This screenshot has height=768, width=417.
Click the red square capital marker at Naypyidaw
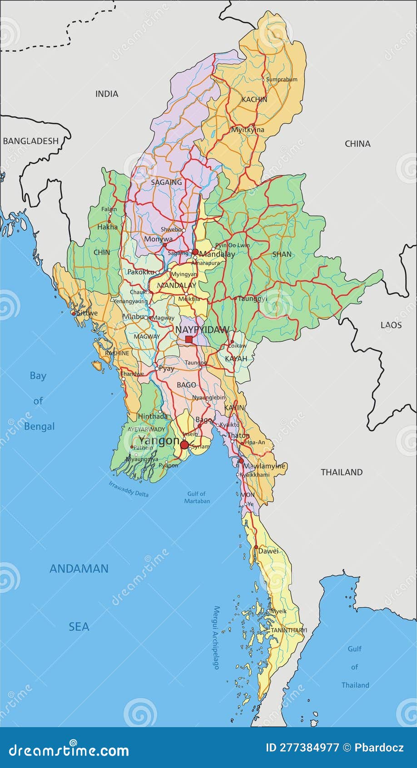(189, 339)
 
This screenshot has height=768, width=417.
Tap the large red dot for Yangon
(184, 445)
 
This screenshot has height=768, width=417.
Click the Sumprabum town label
(282, 80)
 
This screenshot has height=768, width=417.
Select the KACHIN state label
(254, 100)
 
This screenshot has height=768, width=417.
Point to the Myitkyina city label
(248, 130)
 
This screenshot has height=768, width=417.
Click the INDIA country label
(107, 94)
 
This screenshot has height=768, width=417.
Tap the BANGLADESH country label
(31, 141)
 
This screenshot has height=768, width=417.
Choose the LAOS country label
(391, 325)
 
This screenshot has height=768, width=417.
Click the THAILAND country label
(342, 472)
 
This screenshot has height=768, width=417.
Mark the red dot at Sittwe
(74, 314)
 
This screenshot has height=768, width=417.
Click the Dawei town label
(268, 551)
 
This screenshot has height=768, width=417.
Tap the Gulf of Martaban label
(197, 497)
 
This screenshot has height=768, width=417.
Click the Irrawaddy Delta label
(129, 489)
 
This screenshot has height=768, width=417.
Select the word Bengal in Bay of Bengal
(39, 426)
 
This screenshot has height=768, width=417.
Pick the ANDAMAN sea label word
(79, 569)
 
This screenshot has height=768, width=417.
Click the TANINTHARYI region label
(289, 630)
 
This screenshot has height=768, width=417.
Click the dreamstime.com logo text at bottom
(68, 751)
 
